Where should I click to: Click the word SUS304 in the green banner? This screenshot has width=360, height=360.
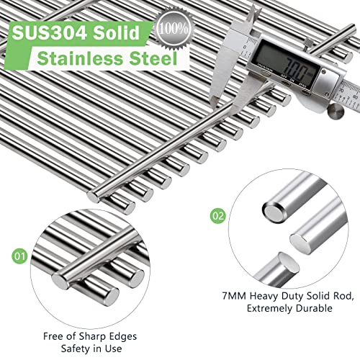pyautogui.click(x=49, y=32)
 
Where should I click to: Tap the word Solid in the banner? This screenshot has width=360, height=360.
pyautogui.click(x=117, y=32)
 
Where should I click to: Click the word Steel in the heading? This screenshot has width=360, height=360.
pyautogui.click(x=153, y=58)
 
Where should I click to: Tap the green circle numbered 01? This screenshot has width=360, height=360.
pyautogui.click(x=19, y=256)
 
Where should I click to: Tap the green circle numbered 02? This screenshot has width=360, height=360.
pyautogui.click(x=218, y=216)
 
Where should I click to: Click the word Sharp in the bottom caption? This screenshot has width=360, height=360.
pyautogui.click(x=92, y=336)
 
